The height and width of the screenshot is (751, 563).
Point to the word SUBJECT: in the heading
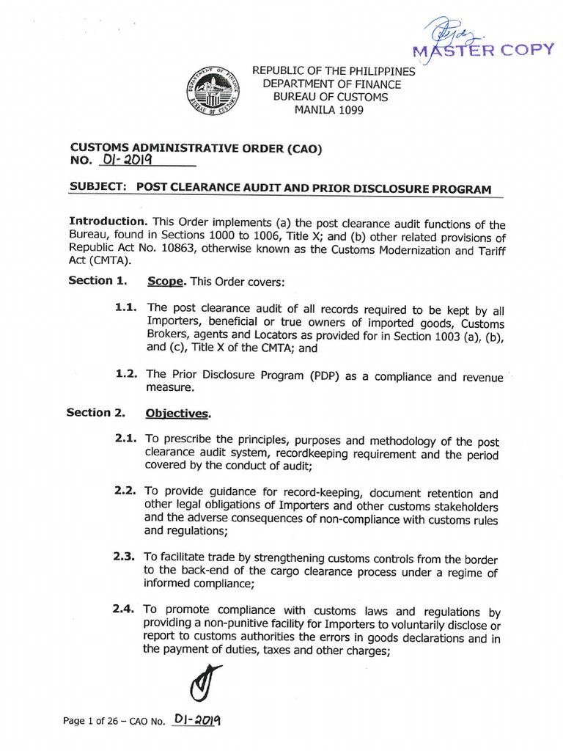point(98,187)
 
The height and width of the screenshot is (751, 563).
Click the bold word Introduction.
point(106,221)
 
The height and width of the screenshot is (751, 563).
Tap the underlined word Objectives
point(177,414)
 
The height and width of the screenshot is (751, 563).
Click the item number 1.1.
point(127,309)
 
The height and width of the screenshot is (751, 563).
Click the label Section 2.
point(96,413)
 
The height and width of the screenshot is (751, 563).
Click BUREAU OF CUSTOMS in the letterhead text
point(331,97)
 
